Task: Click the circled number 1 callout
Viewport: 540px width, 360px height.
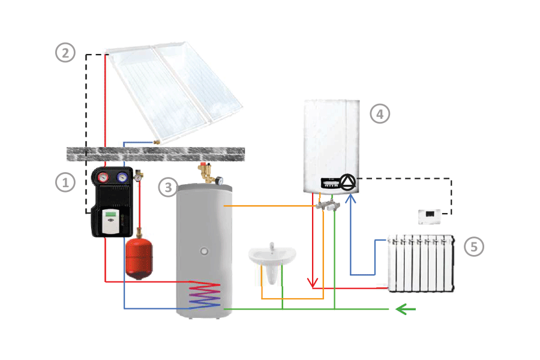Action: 65,182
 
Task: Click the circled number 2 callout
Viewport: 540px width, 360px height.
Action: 65,53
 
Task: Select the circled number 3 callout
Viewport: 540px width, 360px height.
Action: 169,188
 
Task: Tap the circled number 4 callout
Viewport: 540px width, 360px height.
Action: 379,113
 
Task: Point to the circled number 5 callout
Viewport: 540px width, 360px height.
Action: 473,246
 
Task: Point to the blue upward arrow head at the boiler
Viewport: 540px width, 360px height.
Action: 351,196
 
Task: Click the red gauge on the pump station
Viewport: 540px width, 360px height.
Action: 104,178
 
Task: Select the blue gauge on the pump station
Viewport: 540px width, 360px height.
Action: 122,178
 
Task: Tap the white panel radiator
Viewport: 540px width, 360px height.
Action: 421,264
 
